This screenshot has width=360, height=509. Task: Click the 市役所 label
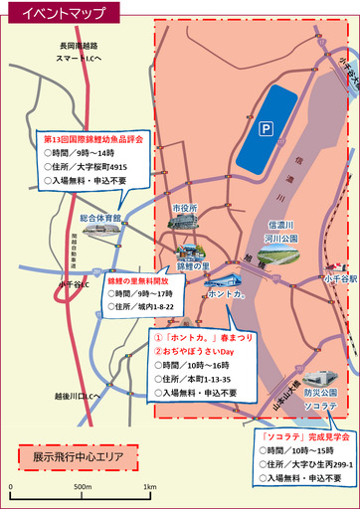pyautogui.click(x=185, y=208)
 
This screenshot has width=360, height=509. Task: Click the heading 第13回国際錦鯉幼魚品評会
pyautogui.click(x=94, y=140)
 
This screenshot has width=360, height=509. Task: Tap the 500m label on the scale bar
pyautogui.click(x=82, y=486)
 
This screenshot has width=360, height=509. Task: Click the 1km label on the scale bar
pyautogui.click(x=149, y=486)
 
